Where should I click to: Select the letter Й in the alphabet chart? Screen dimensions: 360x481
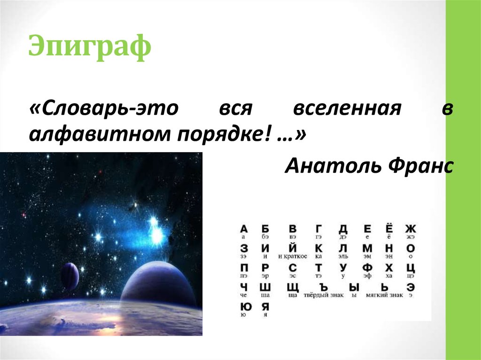[293, 247]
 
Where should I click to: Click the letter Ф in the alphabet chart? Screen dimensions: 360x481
[367, 268]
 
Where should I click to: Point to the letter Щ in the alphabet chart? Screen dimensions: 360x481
[293, 287]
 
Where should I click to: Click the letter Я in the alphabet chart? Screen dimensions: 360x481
[265, 307]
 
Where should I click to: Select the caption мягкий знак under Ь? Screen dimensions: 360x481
[385, 295]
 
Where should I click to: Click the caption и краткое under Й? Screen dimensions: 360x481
[293, 256]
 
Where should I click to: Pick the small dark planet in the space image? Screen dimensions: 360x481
[70, 276]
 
